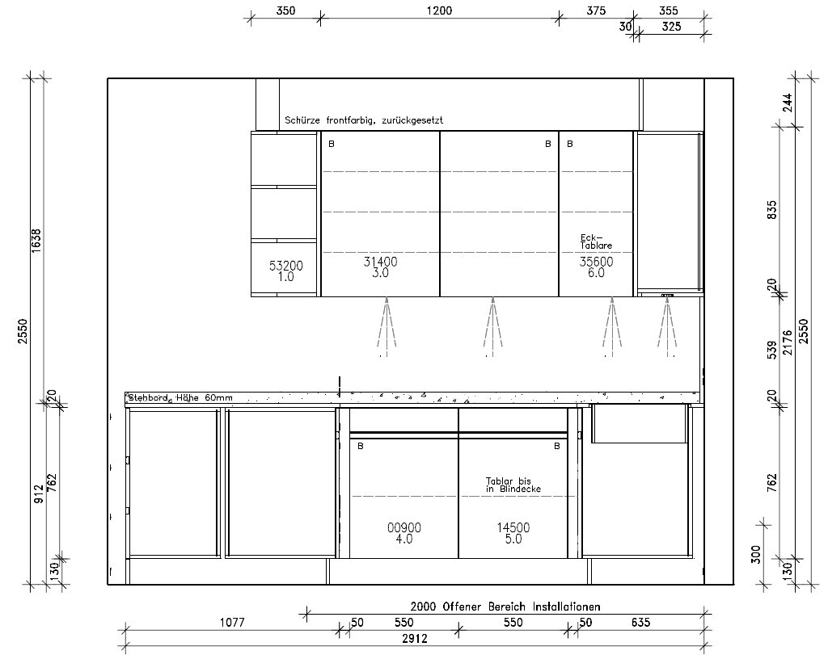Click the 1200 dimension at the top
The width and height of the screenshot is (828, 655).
439,10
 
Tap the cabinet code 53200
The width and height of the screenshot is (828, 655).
285,266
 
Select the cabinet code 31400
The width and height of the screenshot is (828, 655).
380,262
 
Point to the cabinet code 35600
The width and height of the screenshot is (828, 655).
596,262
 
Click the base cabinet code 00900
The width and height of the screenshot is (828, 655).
404,527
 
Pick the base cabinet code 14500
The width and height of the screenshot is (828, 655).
513,527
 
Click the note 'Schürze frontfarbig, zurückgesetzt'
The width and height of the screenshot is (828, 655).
364,120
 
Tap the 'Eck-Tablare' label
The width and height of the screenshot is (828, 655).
596,241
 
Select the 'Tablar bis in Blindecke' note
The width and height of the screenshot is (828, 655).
513,485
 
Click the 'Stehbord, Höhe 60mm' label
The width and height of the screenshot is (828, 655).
180,397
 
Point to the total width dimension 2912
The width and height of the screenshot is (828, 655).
415,639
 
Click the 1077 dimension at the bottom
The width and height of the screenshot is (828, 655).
232,623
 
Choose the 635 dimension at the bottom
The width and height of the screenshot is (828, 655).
640,623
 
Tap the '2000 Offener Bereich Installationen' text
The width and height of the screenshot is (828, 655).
505,607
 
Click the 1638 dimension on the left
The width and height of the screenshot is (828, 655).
36,241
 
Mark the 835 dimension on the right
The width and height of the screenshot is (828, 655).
772,210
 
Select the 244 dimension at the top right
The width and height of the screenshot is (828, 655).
788,103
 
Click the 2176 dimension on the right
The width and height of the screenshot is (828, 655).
788,342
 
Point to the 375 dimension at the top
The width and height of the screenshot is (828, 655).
596,10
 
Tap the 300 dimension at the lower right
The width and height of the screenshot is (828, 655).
756,554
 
